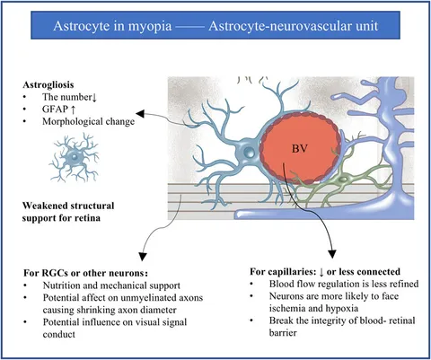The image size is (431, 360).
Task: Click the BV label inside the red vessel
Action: click(300, 149)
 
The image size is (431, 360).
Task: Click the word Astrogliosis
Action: click(48, 85)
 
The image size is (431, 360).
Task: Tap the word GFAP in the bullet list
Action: click(56, 110)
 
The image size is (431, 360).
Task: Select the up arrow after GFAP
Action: click(73, 110)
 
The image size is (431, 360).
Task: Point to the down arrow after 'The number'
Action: click(94, 98)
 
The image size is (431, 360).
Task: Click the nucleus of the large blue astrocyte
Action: click(249, 153)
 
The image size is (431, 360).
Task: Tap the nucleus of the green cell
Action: click(343, 180)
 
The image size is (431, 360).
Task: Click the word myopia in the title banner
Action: click(150, 26)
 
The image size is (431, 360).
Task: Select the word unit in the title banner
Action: click(366, 26)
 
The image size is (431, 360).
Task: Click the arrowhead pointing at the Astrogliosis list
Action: click(140, 113)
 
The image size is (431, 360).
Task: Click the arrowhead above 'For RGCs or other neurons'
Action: click(143, 257)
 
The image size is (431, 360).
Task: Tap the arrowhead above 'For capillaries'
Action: click(332, 254)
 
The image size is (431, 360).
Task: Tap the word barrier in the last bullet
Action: click(283, 333)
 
